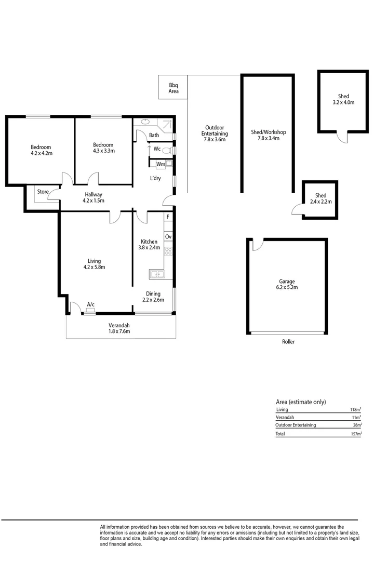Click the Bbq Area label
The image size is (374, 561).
pyautogui.click(x=173, y=88)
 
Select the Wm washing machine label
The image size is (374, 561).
pyautogui.click(x=161, y=164)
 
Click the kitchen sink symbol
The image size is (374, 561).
pyautogui.click(x=156, y=274)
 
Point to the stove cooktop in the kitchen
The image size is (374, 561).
pyautogui.click(x=168, y=251)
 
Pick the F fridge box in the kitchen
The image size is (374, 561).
pyautogui.click(x=168, y=217)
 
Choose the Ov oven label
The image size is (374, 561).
pyautogui.click(x=168, y=237)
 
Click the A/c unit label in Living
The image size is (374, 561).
pyautogui.click(x=90, y=304)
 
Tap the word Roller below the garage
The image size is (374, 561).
pyautogui.click(x=288, y=342)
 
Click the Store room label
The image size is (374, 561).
pyautogui.click(x=43, y=192)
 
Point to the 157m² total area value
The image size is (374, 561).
pyautogui.click(x=356, y=434)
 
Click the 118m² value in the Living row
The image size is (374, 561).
pyautogui.click(x=356, y=410)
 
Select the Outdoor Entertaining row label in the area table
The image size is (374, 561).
pyautogui.click(x=296, y=425)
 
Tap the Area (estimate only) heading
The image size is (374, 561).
pyautogui.click(x=301, y=402)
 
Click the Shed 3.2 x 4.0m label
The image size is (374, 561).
pyautogui.click(x=343, y=99)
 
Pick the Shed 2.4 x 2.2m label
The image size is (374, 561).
pyautogui.click(x=320, y=198)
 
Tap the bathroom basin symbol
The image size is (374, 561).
pyautogui.click(x=144, y=123)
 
